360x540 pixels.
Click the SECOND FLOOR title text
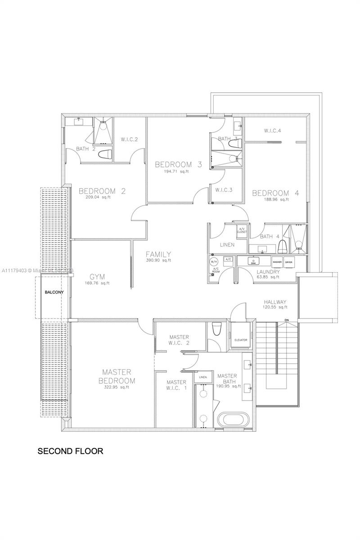click(70, 450)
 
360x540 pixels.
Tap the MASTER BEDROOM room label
click(117, 376)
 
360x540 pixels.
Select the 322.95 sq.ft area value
click(117, 387)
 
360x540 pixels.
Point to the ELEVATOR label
click(241, 340)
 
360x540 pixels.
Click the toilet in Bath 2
click(105, 154)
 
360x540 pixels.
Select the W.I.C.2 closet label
click(129, 139)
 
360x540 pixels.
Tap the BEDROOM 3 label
click(178, 164)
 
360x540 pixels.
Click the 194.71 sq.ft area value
click(178, 172)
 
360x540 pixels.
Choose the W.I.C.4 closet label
click(272, 131)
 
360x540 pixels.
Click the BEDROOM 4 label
click(276, 193)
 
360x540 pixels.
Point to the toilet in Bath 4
click(283, 246)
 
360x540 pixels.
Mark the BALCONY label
click(54, 292)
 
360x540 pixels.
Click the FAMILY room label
click(158, 254)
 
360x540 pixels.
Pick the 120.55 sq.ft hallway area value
click(275, 307)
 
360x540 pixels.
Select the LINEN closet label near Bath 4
click(227, 245)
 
